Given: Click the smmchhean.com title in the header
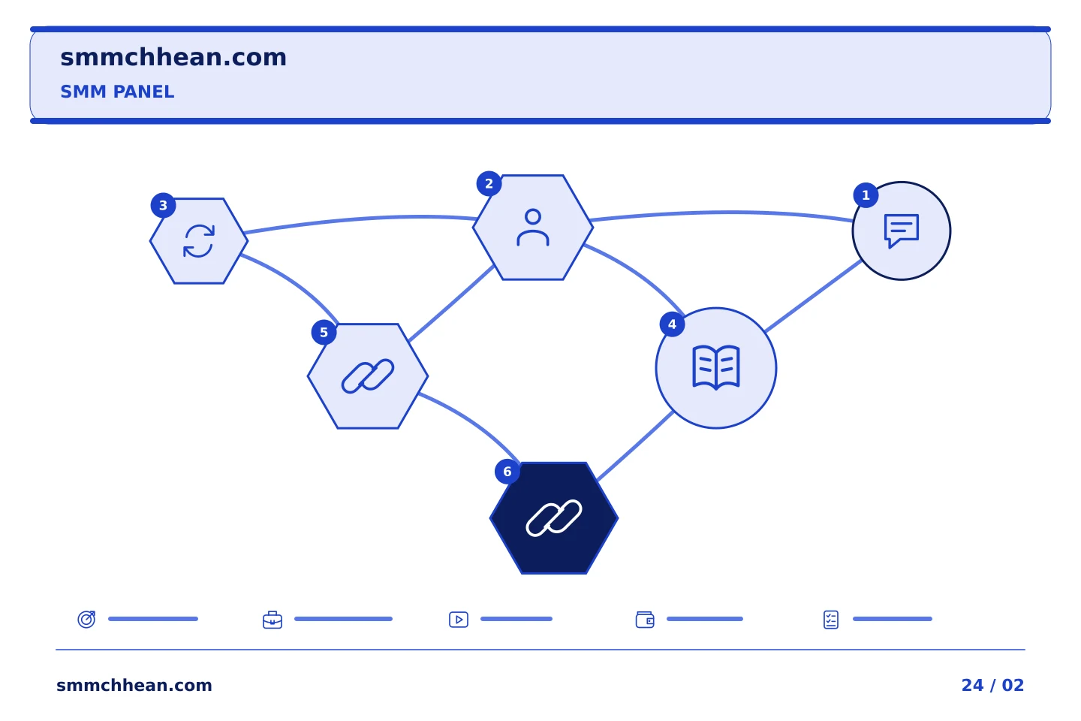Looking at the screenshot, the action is point(173,58).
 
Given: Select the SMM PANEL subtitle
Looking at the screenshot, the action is point(117,92).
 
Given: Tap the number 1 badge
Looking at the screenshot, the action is point(866,195).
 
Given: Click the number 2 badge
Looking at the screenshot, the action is point(489,183).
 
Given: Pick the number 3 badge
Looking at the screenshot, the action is point(163,206).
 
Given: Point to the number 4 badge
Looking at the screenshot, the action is point(673,324).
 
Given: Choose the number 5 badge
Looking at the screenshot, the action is point(324,332).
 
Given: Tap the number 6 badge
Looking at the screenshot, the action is point(507,472).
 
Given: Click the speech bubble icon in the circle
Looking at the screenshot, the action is point(902,231).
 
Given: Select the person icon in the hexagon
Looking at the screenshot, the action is point(533,228).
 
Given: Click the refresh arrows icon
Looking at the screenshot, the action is point(199,241).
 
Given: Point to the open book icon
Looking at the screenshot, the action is point(716,367).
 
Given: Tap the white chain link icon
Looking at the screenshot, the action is point(554,518).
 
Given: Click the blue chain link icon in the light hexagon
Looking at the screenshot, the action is point(368,376).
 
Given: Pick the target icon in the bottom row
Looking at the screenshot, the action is point(87,619).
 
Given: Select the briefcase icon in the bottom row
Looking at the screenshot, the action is point(273,620).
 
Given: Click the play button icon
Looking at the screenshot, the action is point(459,620).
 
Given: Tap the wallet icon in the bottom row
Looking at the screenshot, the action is point(645,620).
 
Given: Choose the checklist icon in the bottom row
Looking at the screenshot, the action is point(831,620).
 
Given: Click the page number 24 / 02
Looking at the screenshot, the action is point(992,685).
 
